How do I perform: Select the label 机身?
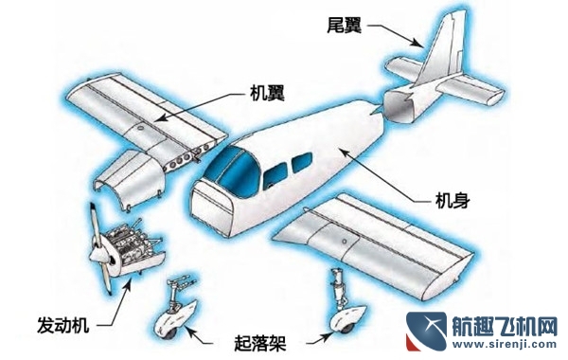coord(452,202)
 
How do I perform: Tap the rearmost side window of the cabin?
coord(300,163)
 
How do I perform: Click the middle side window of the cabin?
coord(275,173)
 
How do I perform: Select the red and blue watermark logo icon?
coord(421,332)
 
